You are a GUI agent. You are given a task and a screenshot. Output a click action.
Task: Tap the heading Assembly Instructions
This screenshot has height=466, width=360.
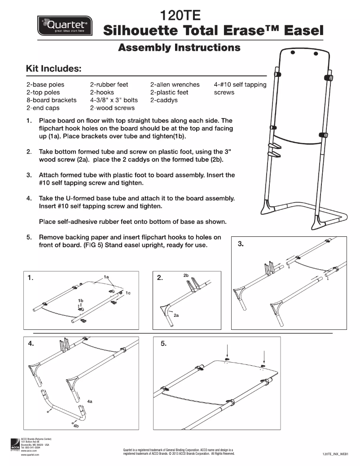coord(179,48)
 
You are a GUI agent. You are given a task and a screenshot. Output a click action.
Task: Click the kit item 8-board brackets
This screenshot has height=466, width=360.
coord(51,100)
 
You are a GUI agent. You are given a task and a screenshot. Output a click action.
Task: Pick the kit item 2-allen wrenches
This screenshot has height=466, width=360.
coord(175,84)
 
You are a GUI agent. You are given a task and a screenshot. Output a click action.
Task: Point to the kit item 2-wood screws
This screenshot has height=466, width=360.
coord(112,108)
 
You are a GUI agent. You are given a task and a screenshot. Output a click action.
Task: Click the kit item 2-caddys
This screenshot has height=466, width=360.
coord(164,100)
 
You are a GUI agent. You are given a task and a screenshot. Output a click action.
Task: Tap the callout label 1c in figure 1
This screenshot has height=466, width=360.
coord(128,293)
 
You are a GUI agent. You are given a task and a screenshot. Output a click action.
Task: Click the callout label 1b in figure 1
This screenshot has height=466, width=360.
coord(80,300)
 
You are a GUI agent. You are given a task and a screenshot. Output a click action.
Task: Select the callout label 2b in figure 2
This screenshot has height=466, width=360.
coord(186,275)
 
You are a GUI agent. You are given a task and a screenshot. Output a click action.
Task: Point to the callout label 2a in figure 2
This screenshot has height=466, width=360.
coord(176,315)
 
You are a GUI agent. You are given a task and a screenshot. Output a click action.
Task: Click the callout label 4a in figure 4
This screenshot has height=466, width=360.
coord(90,401)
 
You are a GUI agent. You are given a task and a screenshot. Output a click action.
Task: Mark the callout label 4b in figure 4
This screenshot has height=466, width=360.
coord(76,426)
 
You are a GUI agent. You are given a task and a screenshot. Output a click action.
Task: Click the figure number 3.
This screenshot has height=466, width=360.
coord(241,244)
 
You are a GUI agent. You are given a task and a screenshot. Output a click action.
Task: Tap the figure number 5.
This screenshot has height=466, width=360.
coord(163,344)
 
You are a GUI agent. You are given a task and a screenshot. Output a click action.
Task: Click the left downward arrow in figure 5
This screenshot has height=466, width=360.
coord(227,351)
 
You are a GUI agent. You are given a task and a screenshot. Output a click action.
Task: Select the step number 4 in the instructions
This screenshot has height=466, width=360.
coord(29,198)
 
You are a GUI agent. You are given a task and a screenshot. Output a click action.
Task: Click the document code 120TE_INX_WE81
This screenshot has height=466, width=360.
coord(335,455)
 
